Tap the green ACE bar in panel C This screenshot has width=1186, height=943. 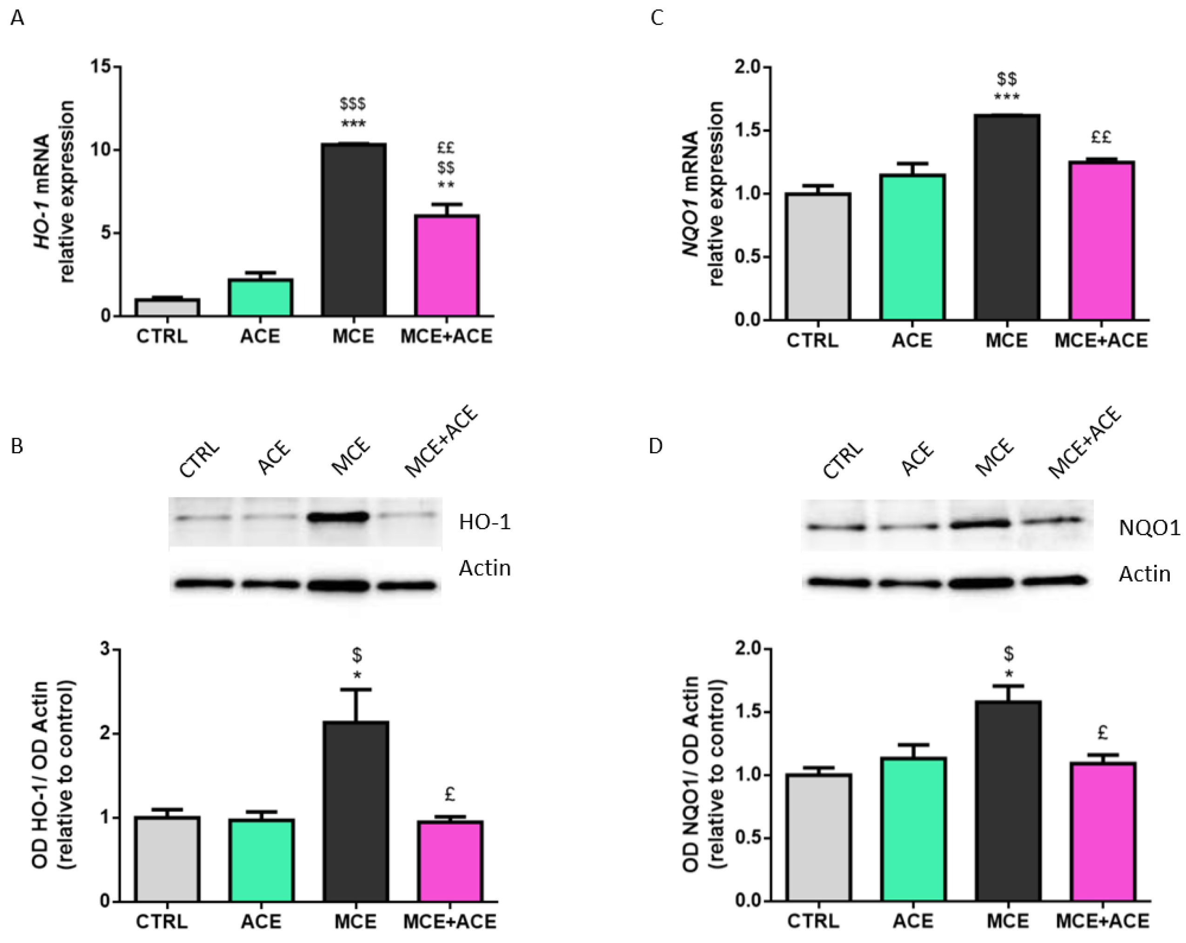point(912,247)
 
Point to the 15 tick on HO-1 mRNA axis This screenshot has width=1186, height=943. point(101,67)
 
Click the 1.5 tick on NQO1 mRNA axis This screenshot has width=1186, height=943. point(748,130)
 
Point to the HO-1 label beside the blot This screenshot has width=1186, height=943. point(485,522)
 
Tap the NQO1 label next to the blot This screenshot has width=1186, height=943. point(1149,528)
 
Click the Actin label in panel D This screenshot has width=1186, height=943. point(1144,574)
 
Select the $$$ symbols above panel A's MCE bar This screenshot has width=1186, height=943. point(353,103)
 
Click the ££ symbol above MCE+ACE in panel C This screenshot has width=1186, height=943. point(1101,137)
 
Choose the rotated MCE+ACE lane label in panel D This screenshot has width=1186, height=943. point(1084,443)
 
